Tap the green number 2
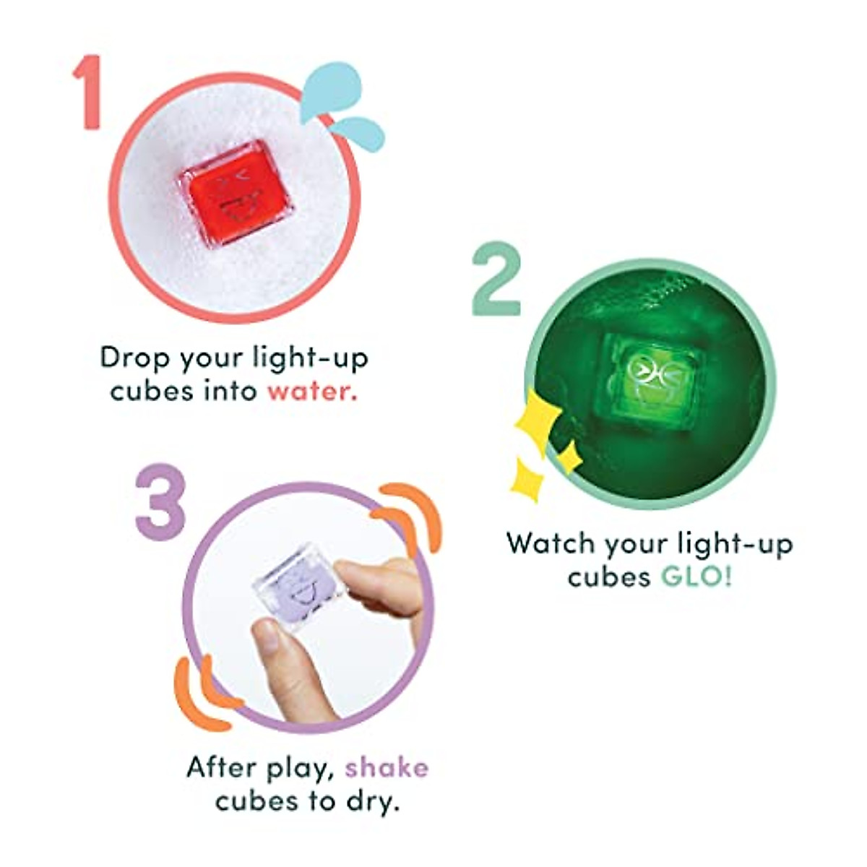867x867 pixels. [497, 282]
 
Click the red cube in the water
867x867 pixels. [237, 193]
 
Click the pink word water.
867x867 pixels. [311, 391]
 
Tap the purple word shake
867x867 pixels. [386, 767]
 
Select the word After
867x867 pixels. [217, 767]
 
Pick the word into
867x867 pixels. [230, 391]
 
